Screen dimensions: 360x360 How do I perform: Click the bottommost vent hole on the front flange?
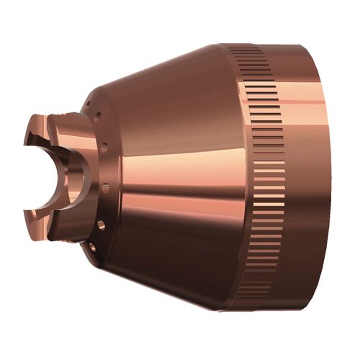tap(91, 247)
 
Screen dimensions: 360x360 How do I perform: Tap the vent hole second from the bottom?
tap(100, 225)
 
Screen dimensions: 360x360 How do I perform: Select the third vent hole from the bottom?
tap(105, 188)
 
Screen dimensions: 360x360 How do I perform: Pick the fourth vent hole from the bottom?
tap(105, 148)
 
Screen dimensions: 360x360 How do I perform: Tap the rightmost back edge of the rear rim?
tap(336, 180)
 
